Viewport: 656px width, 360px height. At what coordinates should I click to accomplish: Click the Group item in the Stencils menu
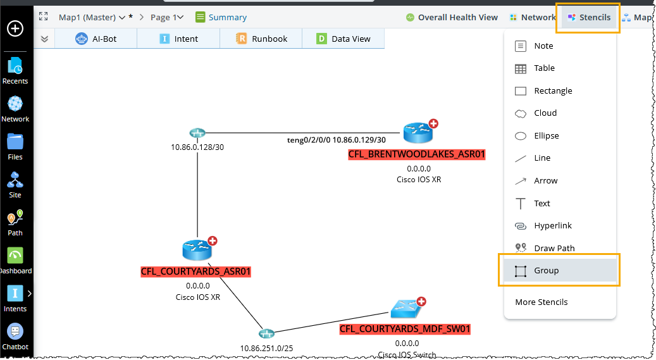point(546,271)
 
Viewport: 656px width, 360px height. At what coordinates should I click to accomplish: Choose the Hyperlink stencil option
point(552,226)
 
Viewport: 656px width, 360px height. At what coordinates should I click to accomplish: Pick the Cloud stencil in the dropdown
point(545,113)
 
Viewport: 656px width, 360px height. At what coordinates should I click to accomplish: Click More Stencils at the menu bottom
point(541,302)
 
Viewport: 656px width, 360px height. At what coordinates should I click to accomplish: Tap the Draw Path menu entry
point(554,248)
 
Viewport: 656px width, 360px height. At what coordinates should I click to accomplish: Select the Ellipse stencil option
point(546,136)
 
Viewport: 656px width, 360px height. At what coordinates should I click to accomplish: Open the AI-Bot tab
point(96,39)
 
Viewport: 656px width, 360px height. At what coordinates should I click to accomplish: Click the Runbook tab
point(261,39)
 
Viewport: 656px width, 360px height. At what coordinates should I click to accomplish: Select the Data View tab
point(343,39)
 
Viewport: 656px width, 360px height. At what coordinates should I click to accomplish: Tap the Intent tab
point(178,39)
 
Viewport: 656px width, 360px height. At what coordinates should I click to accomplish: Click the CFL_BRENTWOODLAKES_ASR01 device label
point(417,154)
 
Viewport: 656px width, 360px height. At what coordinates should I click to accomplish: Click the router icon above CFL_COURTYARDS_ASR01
point(196,249)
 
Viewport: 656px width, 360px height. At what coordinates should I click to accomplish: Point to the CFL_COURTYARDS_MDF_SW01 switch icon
point(404,309)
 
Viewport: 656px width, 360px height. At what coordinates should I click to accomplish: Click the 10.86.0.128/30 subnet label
point(197,147)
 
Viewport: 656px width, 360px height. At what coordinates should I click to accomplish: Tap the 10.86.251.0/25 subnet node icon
point(266,333)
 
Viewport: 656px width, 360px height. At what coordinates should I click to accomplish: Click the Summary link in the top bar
point(221,17)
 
